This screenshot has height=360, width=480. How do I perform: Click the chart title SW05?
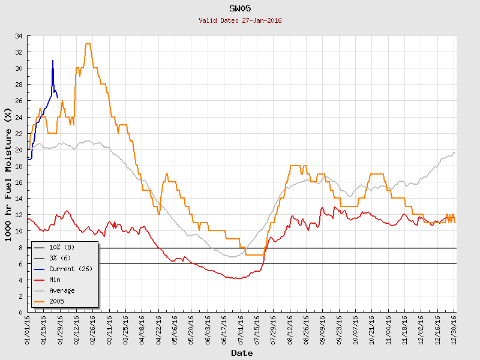click(239, 8)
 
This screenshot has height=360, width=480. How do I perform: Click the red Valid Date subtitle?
click(239, 20)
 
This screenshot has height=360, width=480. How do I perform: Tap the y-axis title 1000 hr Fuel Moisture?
click(8, 174)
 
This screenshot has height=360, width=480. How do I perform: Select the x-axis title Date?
click(242, 353)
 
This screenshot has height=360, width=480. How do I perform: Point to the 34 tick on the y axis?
click(19, 36)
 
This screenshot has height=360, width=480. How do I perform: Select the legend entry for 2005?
click(57, 301)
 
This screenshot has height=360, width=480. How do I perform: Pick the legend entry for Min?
click(55, 280)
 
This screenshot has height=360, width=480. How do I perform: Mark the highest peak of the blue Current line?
click(53, 61)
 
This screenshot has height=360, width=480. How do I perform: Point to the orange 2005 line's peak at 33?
click(88, 44)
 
